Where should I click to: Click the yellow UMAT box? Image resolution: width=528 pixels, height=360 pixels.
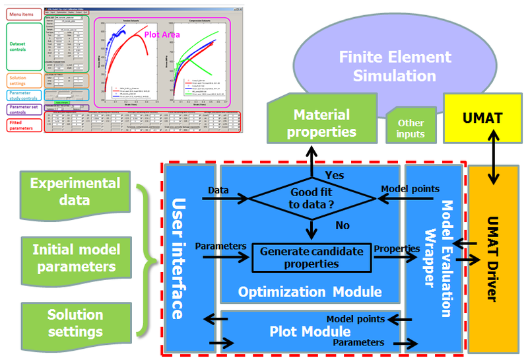pyautogui.click(x=480, y=120)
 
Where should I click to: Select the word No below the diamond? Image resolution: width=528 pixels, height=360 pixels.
pyautogui.click(x=343, y=226)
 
